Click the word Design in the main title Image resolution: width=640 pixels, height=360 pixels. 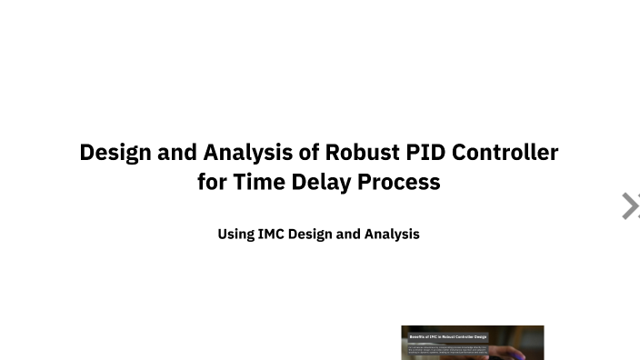(x=115, y=152)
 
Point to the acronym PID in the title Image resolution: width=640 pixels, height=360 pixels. (x=425, y=152)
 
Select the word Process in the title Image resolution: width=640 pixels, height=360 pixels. (x=399, y=182)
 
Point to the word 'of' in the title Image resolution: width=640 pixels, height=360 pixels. (x=308, y=152)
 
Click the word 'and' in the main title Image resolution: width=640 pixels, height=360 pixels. (x=177, y=152)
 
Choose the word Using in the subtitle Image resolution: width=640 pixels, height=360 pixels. (x=235, y=234)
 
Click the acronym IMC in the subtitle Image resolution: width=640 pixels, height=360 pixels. (x=271, y=234)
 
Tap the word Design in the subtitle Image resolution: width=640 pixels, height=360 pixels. (x=310, y=234)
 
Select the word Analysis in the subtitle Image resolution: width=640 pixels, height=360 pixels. (x=392, y=234)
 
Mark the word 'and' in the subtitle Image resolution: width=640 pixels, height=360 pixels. (x=349, y=234)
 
